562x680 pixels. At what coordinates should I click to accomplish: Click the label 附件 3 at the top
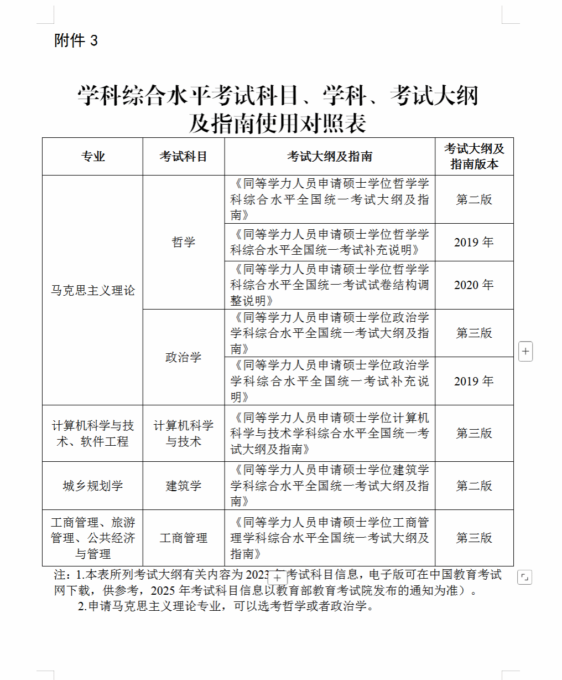tap(76, 40)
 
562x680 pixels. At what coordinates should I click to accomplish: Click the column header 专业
tap(93, 157)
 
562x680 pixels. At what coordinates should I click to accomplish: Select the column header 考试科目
tap(184, 157)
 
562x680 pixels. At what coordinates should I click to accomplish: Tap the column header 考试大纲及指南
tap(330, 157)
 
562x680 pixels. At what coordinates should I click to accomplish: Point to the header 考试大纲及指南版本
tap(474, 156)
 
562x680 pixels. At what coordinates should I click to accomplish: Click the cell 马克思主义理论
tap(93, 290)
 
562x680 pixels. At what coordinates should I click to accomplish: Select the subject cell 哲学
tap(184, 243)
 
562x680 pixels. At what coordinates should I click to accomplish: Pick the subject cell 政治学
tap(184, 357)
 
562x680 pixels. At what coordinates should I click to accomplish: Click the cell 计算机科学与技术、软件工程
tap(93, 434)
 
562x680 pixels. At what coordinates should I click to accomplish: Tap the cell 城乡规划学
tap(93, 486)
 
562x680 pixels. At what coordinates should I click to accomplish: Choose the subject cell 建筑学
tap(184, 486)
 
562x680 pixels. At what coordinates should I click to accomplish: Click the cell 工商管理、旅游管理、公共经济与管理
tap(93, 538)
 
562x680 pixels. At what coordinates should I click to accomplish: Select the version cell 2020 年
tap(474, 285)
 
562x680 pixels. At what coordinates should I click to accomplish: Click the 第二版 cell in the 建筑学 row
tap(474, 486)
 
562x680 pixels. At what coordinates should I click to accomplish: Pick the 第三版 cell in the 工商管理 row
tap(474, 538)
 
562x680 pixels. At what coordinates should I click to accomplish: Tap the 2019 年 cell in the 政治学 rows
tap(474, 382)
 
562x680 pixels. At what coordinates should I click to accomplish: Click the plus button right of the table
tap(525, 351)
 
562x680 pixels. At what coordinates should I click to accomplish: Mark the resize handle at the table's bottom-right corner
tap(524, 577)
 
